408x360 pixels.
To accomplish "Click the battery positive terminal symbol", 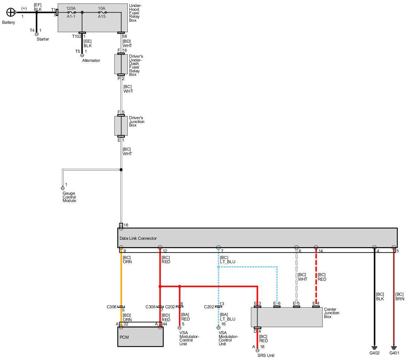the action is pyautogui.click(x=11, y=13).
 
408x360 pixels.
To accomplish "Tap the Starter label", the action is pyautogui.click(x=43, y=39).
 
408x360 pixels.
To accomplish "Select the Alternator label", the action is pyautogui.click(x=91, y=60).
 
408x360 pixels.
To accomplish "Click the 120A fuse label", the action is pyautogui.click(x=71, y=8).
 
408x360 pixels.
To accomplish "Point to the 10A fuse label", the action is pyautogui.click(x=101, y=8).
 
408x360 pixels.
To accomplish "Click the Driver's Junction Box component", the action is pyautogui.click(x=121, y=126).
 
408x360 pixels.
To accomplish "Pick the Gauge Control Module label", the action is pyautogui.click(x=69, y=197).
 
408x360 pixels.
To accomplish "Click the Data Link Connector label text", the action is pyautogui.click(x=138, y=238).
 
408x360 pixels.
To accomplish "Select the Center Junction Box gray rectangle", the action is pyautogui.click(x=287, y=317).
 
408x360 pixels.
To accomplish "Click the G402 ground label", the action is pyautogui.click(x=374, y=353).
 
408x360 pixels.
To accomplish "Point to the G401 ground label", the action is pyautogui.click(x=394, y=353).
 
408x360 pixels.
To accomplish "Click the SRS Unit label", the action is pyautogui.click(x=266, y=355).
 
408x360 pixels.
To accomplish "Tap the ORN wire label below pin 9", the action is pyautogui.click(x=127, y=262).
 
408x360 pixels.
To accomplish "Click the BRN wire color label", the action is pyautogui.click(x=400, y=299).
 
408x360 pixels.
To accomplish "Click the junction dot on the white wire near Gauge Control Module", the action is pyautogui.click(x=121, y=170).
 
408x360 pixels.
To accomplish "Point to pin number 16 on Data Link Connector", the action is pyautogui.click(x=126, y=225).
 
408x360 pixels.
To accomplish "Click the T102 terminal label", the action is pyautogui.click(x=76, y=36).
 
